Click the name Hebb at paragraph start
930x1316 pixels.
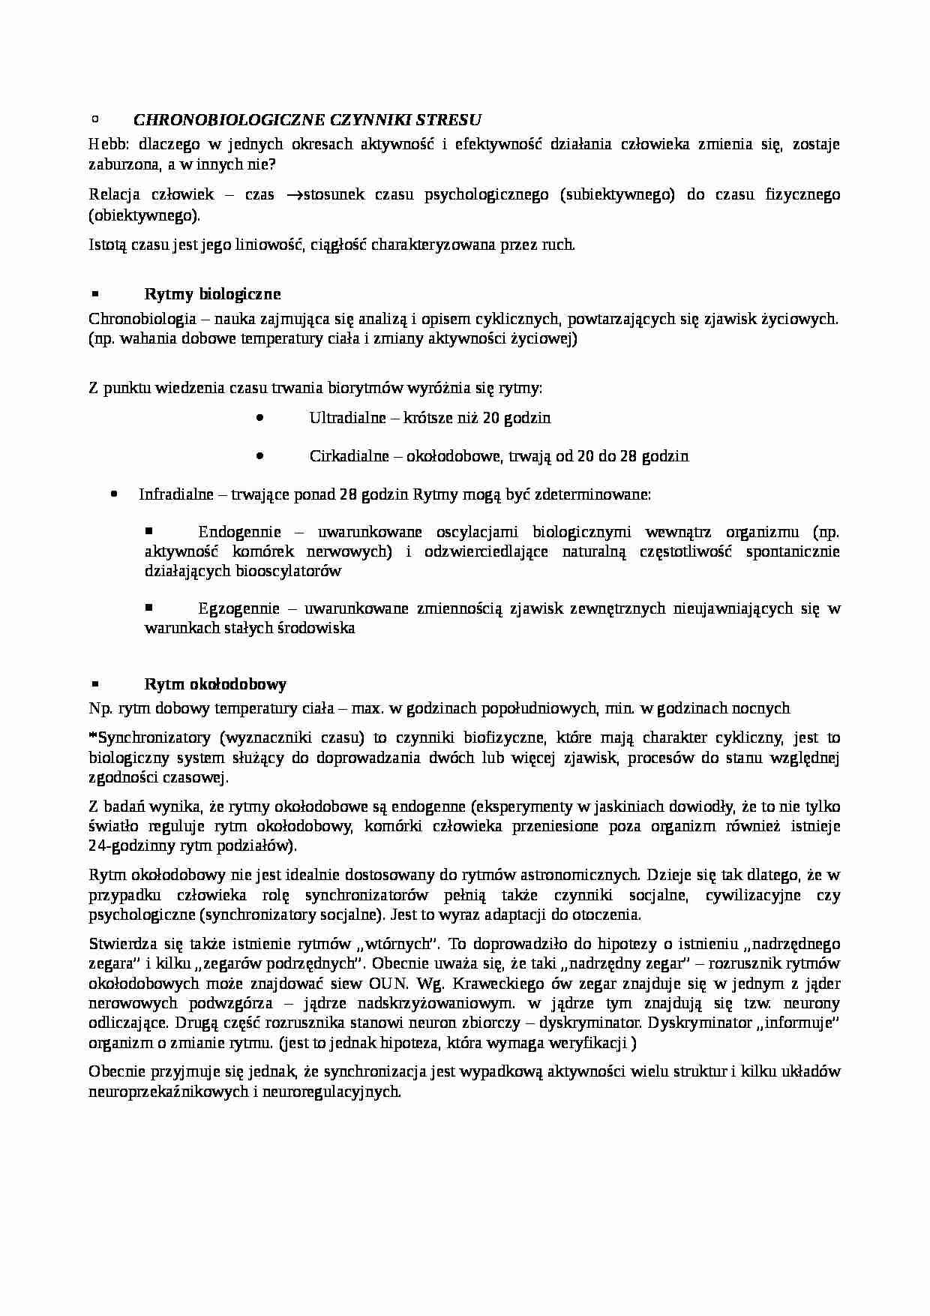point(103,145)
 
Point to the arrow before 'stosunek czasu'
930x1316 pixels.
point(294,195)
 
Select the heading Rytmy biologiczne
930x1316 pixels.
point(212,293)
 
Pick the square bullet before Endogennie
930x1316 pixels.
point(148,530)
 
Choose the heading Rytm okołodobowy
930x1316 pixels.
point(215,684)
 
